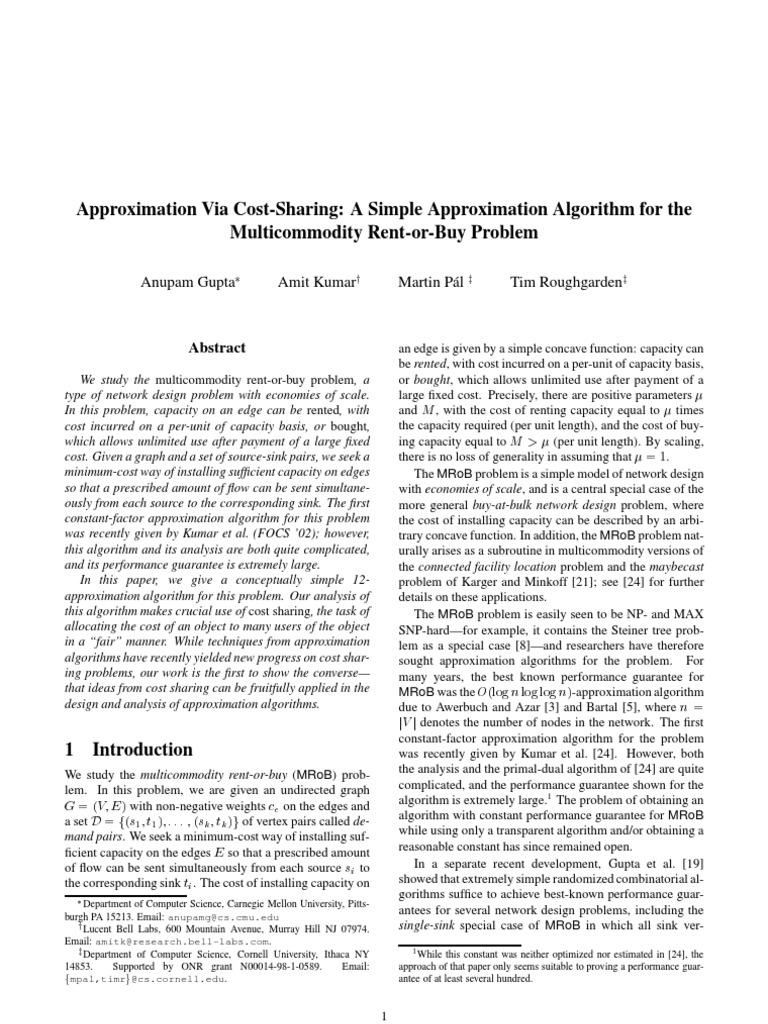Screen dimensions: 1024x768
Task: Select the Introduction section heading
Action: [x=129, y=749]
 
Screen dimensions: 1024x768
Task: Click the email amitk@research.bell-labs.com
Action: [x=158, y=941]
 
